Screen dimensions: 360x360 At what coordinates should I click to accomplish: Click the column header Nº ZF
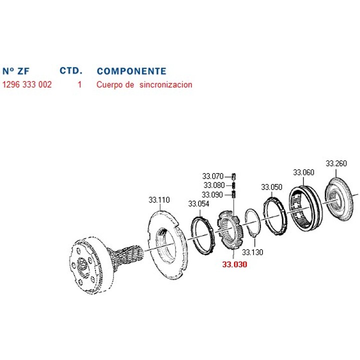pos(16,71)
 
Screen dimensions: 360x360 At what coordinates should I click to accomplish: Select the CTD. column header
pos(71,70)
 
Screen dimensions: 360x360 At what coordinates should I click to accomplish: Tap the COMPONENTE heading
pos(131,71)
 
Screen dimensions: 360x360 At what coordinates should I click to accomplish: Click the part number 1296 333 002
pos(27,84)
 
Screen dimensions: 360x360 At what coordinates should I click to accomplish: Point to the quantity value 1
pos(79,84)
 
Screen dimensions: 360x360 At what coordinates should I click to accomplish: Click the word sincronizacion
pos(166,84)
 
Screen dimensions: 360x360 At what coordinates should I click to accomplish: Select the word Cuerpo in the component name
pos(109,84)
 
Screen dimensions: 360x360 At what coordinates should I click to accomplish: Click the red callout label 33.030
pos(234,264)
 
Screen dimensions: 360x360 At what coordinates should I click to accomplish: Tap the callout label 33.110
pos(159,200)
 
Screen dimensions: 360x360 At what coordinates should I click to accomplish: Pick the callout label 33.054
pos(199,203)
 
